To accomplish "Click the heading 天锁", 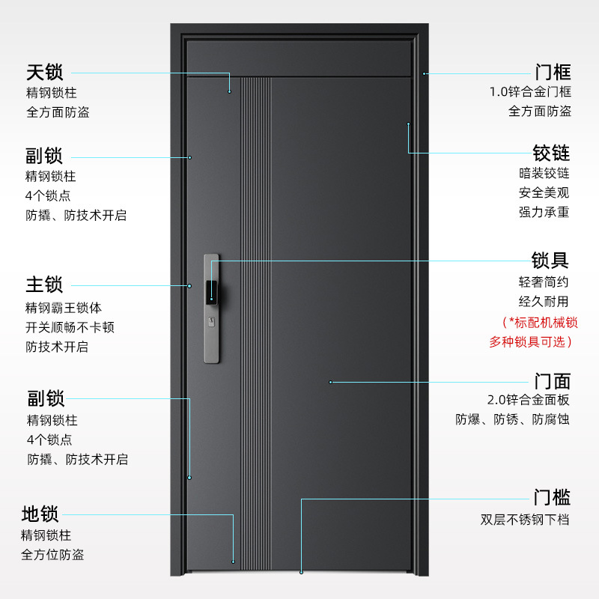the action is coord(44,72).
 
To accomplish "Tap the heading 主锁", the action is coord(44,285).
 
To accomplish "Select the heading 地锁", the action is coord(40,514).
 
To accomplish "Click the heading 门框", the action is coord(553,72).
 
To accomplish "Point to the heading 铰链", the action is coord(551,153).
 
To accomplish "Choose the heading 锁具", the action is coord(550,261).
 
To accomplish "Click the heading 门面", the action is coord(553,381).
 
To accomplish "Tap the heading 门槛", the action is coord(552,497).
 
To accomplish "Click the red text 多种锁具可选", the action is coord(528,341).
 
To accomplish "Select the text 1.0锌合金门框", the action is coord(530,91).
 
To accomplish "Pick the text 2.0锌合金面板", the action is coord(529,400).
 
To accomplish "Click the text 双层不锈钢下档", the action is coord(525,520).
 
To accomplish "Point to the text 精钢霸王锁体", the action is coord(64,308).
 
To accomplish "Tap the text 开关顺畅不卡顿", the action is coord(70,327).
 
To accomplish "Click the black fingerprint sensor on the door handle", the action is coord(212,293).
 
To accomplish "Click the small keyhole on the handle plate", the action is coord(212,322).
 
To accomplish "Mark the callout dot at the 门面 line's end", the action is coord(330,382).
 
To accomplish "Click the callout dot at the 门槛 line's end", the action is coord(302,572).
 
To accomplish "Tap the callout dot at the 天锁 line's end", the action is coord(230,91).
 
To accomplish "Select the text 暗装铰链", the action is coord(544,173).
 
